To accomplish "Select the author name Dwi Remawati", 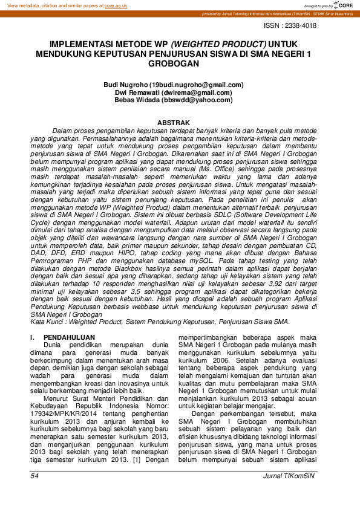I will coord(139,93).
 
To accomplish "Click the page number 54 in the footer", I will coord(34,477).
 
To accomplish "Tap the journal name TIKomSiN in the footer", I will coord(302,477).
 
